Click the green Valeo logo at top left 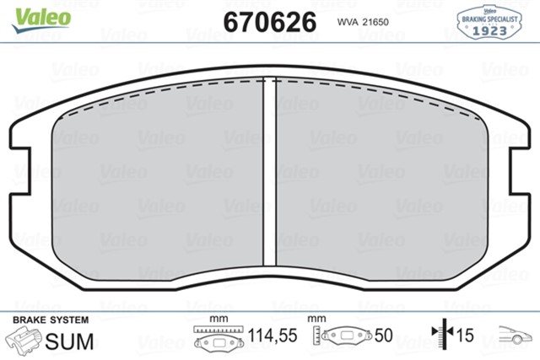41,20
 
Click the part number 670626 270,22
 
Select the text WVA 348,22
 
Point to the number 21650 375,22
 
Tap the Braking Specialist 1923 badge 489,22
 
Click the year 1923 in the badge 489,30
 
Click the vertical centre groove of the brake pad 270,171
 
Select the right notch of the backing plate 520,171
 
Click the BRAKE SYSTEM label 51,320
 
